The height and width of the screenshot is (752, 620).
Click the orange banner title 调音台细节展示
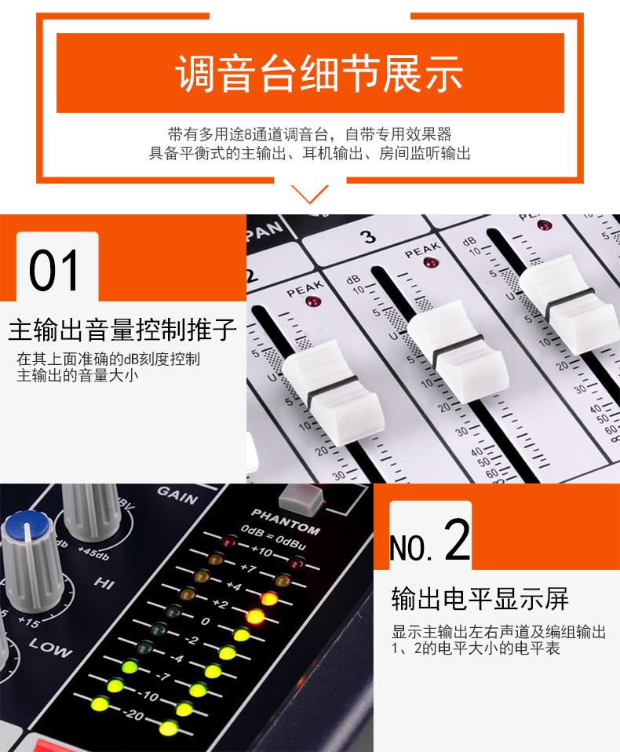(x=319, y=73)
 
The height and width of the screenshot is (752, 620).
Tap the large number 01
(x=53, y=271)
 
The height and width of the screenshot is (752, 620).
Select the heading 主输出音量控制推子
(x=122, y=330)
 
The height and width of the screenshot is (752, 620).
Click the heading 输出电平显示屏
(x=480, y=598)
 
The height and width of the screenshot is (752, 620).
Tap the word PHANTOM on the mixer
(x=286, y=521)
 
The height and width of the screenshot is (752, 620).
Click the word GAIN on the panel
(x=177, y=495)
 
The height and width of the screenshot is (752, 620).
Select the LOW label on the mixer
(x=50, y=647)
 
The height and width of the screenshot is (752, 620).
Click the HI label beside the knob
(x=104, y=582)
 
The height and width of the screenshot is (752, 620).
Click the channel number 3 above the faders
(x=368, y=236)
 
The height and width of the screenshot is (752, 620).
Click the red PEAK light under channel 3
(x=430, y=262)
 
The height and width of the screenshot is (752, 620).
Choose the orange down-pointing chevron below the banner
(x=310, y=194)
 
